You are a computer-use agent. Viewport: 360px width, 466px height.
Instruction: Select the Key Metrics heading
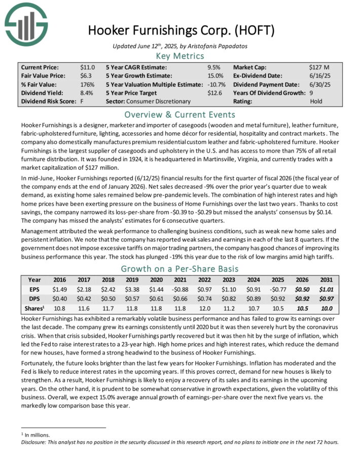pyautogui.click(x=180, y=56)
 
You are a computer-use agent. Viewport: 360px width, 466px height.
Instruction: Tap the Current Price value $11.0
pyautogui.click(x=87, y=67)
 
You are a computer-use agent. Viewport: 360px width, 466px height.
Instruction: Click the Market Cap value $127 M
pyautogui.click(x=319, y=67)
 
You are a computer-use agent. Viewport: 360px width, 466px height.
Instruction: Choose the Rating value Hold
pyautogui.click(x=315, y=101)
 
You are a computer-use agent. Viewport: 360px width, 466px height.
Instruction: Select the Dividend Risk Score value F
pyautogui.click(x=82, y=101)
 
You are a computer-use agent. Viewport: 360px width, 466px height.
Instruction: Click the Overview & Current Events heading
pyautogui.click(x=180, y=114)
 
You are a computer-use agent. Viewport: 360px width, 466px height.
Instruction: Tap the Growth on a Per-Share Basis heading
pyautogui.click(x=180, y=269)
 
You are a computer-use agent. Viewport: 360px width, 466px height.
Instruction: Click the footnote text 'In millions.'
pyautogui.click(x=37, y=435)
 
